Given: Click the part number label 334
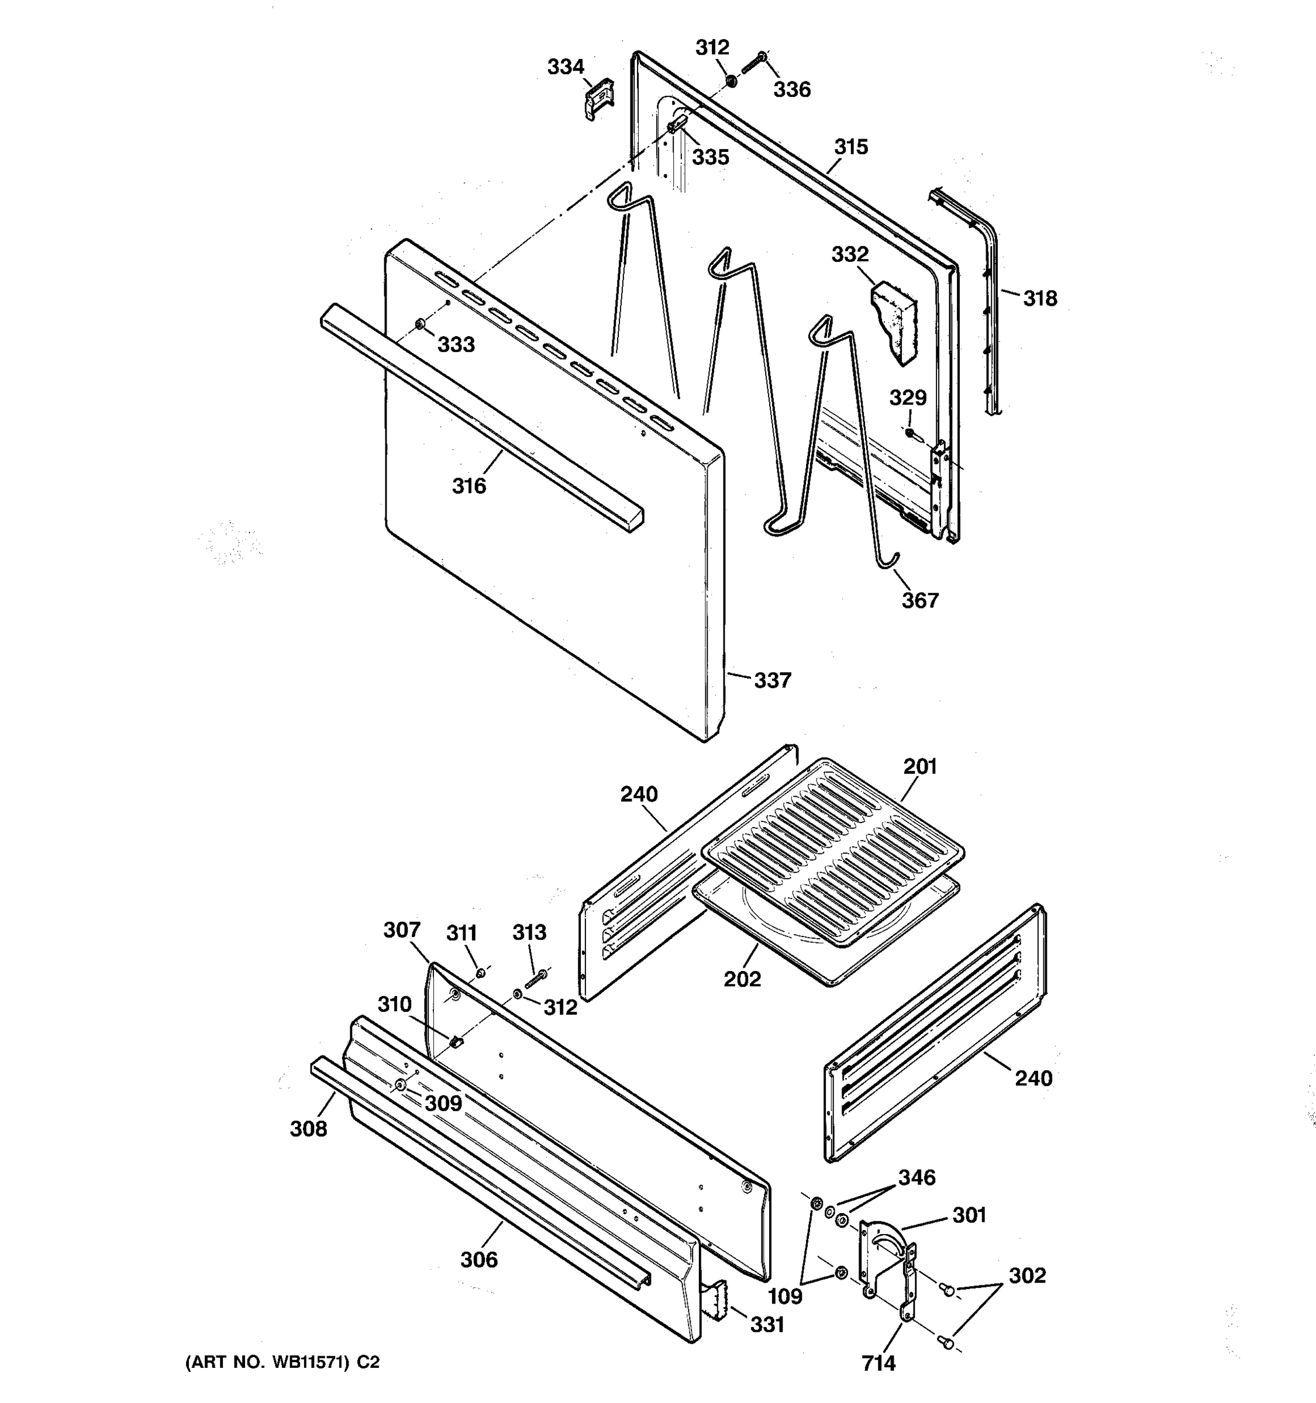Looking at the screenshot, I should [566, 67].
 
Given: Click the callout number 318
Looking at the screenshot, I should [1040, 299].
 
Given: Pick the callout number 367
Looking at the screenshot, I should [920, 600].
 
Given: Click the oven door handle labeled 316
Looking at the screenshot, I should [480, 416].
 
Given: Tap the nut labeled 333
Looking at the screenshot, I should [419, 324].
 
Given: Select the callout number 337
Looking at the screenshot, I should [773, 680].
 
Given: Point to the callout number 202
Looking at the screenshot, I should [743, 979].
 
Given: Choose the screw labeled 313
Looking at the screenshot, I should [536, 980].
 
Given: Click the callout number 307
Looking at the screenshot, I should [402, 930].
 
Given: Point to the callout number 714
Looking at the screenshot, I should [879, 1363].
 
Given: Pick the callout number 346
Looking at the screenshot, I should [917, 1177].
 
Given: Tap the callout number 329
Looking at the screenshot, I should [907, 398].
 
